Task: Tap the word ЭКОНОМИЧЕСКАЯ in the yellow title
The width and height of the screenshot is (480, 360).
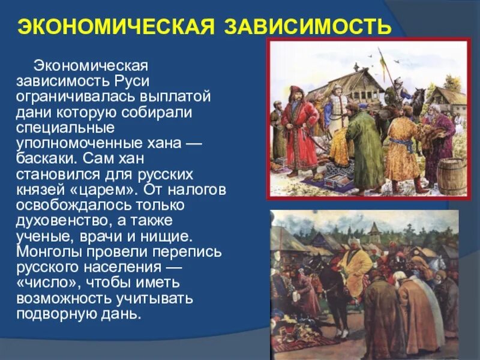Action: (114, 26)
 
